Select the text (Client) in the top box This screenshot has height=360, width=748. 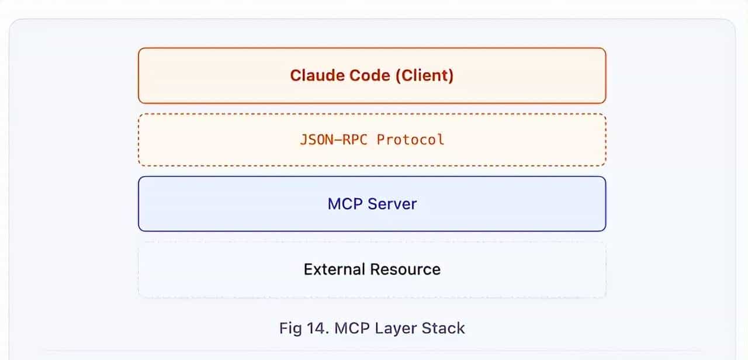pos(424,75)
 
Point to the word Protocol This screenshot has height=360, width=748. pos(410,140)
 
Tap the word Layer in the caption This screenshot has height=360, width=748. pos(393,328)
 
